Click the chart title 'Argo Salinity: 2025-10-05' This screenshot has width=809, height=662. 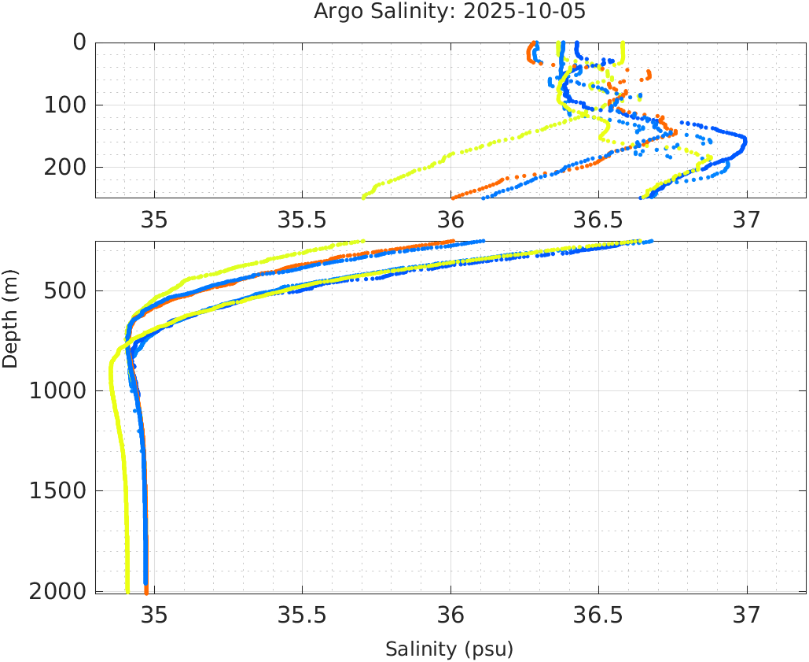450,12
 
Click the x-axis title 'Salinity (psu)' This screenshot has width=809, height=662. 449,649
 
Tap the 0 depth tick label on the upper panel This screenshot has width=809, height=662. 79,42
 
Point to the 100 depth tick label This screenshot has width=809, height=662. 64,104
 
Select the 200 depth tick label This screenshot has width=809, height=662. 64,167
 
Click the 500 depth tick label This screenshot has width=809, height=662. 64,290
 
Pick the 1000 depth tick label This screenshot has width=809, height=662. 57,390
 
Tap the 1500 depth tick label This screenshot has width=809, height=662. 57,490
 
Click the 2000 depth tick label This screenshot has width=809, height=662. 57,590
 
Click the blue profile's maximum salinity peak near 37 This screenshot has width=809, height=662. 745,142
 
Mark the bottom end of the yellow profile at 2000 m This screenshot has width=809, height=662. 127,590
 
